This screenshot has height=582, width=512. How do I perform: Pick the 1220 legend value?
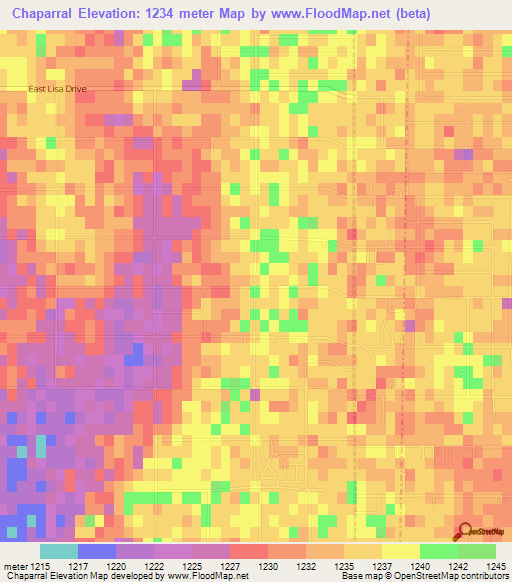point(115,566)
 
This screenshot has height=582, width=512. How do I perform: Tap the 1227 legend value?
point(229,566)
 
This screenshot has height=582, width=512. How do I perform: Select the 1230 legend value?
point(266,566)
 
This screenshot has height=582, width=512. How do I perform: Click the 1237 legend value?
point(380,566)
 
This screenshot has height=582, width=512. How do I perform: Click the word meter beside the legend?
point(14,566)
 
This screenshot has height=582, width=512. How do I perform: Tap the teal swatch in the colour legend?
point(59,551)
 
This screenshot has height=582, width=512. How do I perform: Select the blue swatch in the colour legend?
point(97,551)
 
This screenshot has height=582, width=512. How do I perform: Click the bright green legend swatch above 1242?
point(438,551)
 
